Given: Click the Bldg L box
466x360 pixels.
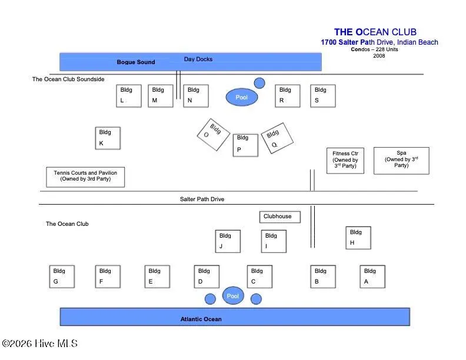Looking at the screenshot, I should [129, 96].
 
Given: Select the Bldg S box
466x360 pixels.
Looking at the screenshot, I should [323, 96].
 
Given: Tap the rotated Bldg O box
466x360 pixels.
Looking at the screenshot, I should [213, 131].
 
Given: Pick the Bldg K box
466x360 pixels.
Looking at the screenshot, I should [108, 138].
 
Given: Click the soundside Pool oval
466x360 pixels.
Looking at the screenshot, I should [242, 97].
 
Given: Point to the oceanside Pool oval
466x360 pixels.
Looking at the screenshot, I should [233, 296].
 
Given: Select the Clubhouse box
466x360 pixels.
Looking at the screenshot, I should [279, 216].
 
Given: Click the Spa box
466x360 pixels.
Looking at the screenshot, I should [401, 161].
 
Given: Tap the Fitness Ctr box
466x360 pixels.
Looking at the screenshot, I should [345, 161].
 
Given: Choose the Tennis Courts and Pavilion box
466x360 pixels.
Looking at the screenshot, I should [85, 176].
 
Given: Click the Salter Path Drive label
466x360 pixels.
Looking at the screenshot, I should [202, 199].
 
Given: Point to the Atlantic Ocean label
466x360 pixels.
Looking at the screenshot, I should [201, 319].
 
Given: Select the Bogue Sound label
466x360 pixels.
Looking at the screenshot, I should [136, 62].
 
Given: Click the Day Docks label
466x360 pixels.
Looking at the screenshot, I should [198, 59].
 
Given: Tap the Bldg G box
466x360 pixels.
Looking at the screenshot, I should [62, 276].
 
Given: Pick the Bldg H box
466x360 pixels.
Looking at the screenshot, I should [358, 238].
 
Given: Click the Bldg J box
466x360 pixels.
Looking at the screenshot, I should [228, 241].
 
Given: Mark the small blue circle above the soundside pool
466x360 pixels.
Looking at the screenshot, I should [259, 83].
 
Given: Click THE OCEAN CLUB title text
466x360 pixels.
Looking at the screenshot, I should [375, 32].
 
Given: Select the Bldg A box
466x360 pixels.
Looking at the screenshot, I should [372, 276].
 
